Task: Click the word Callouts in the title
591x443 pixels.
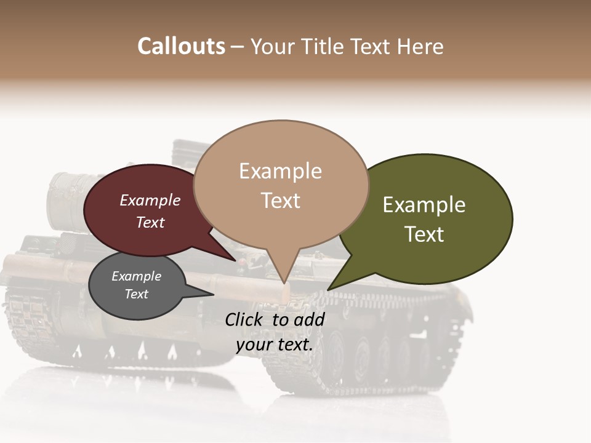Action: point(181,46)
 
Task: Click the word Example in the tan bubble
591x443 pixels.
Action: point(280,171)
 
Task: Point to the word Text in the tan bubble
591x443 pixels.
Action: point(280,201)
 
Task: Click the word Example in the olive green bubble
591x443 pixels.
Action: point(424,204)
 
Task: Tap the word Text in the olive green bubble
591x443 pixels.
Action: point(424,234)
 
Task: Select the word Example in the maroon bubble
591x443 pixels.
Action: point(150,200)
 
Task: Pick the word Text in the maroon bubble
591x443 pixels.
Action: point(150,222)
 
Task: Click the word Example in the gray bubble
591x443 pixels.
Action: point(137,276)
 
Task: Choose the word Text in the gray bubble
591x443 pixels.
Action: point(137,294)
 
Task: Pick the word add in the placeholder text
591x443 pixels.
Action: point(310,319)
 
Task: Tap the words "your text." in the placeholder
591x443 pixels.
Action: point(275,344)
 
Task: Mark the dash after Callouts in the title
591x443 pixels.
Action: point(238,47)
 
